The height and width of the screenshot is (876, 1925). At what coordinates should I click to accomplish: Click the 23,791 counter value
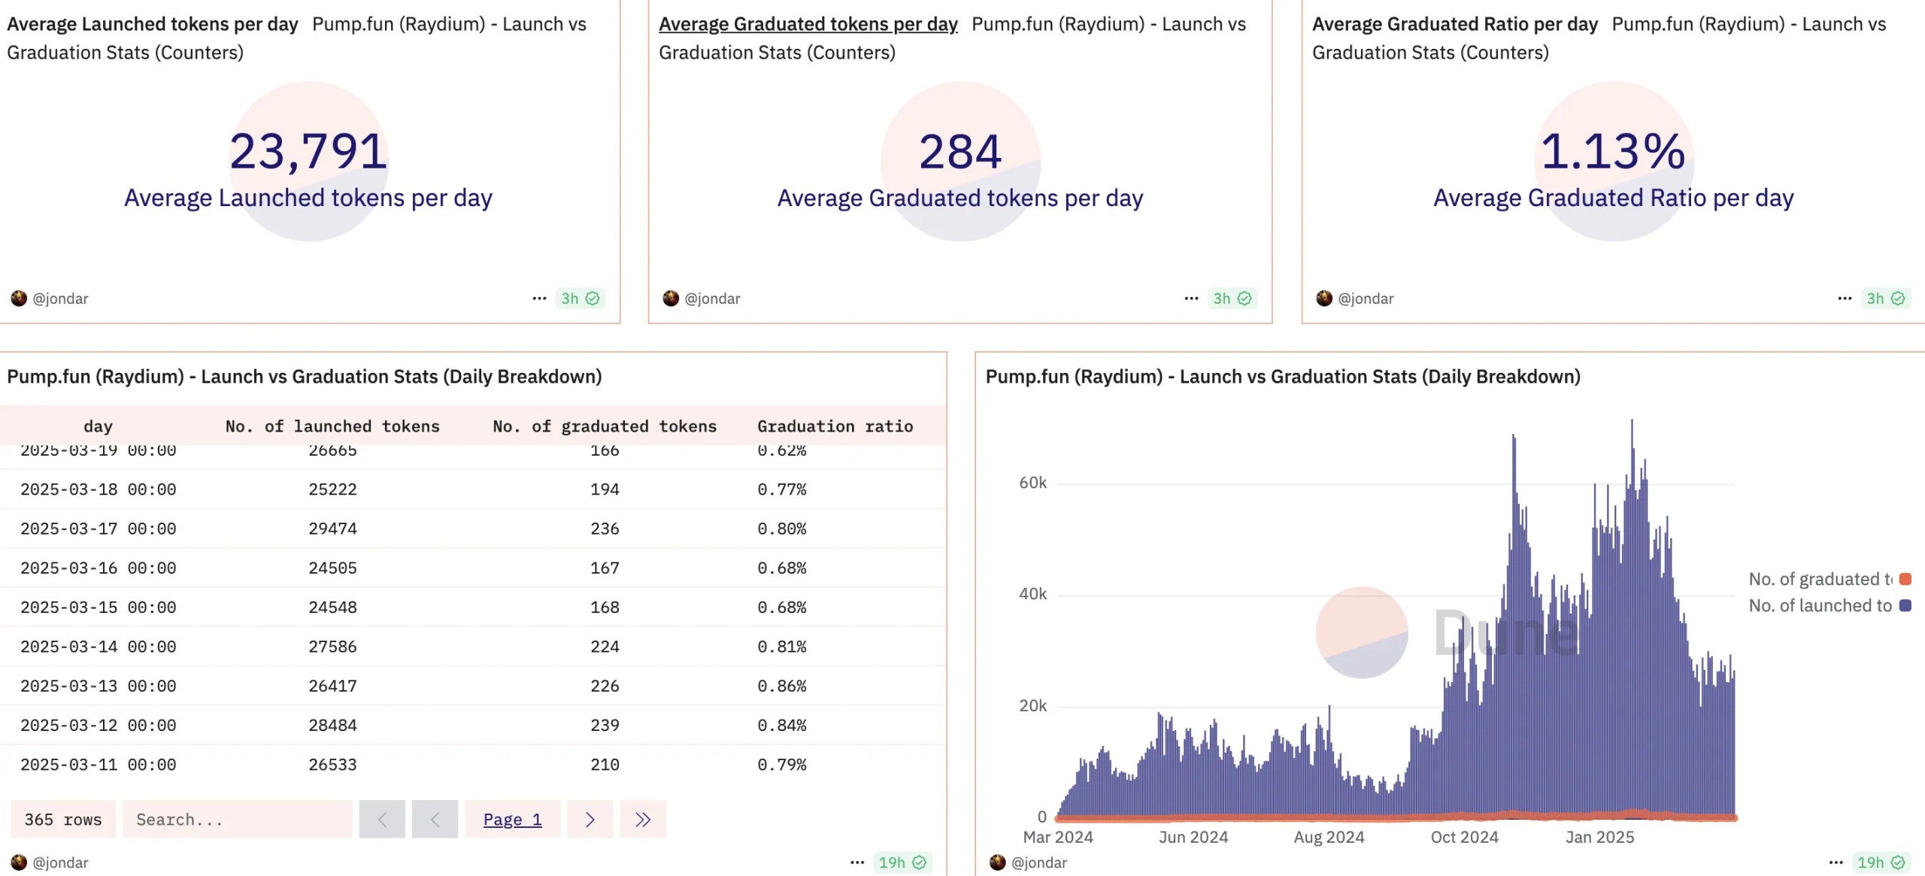308,151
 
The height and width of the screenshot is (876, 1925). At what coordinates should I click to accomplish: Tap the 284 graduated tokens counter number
960,151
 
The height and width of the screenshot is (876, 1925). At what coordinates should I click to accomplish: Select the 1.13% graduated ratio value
1613,151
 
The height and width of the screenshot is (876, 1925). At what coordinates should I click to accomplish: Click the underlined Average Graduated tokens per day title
808,24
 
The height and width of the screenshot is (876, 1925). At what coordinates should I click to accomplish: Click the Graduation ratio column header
835,426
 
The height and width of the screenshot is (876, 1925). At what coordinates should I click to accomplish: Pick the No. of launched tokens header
332,426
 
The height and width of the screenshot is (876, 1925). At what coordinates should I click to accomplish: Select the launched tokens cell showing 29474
332,529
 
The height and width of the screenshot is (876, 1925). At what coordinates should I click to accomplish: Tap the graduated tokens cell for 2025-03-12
605,725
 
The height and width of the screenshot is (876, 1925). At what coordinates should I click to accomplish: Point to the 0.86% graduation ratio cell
781,686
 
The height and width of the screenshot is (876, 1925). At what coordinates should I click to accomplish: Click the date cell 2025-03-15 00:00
98,607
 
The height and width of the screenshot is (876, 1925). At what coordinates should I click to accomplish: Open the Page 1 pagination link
512,820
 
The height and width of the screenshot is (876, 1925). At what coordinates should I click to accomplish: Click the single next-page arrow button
590,820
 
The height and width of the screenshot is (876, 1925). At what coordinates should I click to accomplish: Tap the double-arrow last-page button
643,820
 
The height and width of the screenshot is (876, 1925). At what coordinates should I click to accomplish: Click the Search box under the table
237,820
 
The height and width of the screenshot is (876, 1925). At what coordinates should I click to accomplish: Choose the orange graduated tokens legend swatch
1905,579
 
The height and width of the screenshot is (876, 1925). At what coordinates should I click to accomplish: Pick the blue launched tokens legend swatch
1905,605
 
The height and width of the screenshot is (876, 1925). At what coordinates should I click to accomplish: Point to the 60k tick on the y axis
1032,483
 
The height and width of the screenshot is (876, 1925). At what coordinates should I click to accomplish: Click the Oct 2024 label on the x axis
1464,837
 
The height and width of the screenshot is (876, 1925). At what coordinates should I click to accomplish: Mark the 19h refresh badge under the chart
1880,862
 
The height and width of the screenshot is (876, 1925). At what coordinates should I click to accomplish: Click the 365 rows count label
63,820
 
